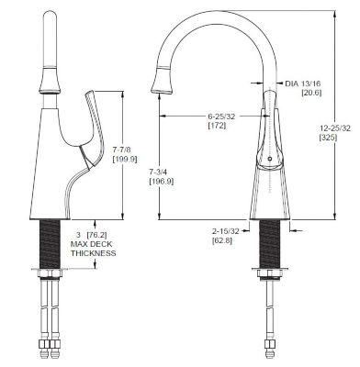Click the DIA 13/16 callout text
pos(305,82)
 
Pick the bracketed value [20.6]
pos(305,93)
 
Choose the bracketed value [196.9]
pos(162,182)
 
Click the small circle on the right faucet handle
pos(268,158)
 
